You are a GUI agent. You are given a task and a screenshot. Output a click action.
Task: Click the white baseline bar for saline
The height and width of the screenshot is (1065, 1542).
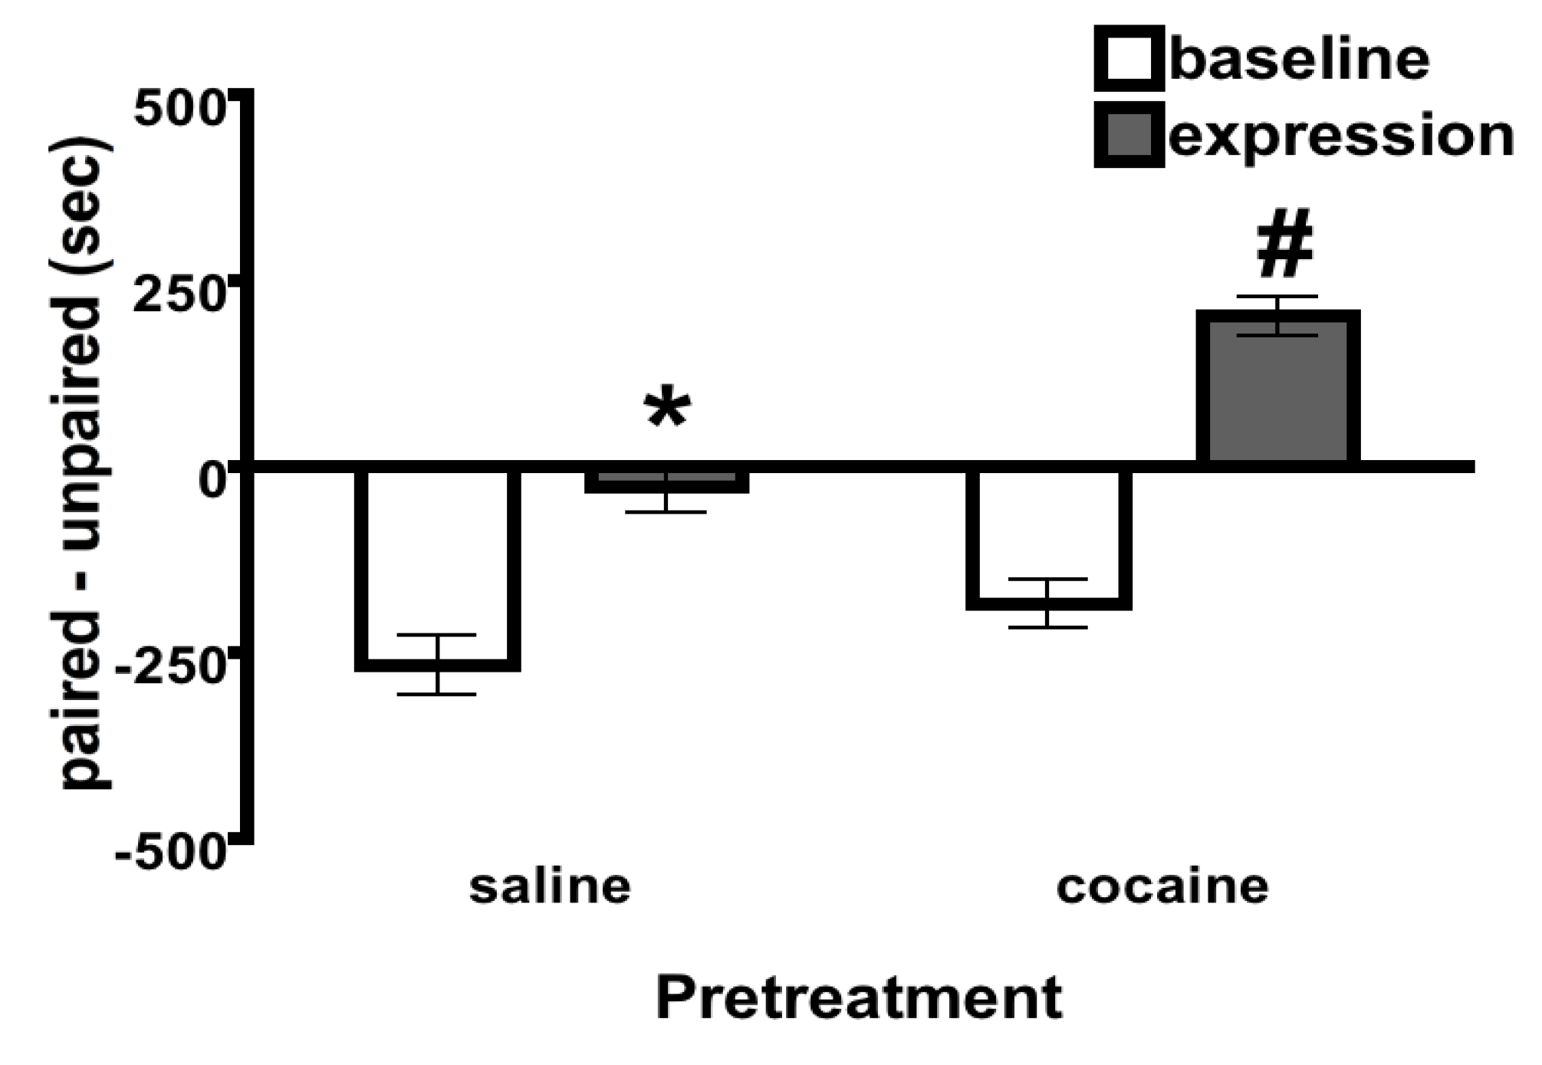(438, 567)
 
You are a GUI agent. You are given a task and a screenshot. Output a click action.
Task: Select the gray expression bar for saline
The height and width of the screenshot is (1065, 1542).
(666, 480)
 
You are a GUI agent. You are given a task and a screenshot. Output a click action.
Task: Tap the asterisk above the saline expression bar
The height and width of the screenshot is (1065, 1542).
(667, 409)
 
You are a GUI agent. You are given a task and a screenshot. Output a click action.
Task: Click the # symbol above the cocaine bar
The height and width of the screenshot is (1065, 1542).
(1285, 243)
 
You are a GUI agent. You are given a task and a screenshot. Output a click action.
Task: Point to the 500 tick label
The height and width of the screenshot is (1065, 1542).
(178, 108)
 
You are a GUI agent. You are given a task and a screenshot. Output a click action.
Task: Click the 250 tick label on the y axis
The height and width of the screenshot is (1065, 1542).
(178, 295)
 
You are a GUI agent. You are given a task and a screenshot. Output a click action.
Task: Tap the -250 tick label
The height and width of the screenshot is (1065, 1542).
(170, 667)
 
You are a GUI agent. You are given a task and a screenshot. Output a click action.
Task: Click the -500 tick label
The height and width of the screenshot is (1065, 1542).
(170, 853)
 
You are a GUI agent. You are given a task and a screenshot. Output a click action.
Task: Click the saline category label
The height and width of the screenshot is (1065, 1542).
(550, 886)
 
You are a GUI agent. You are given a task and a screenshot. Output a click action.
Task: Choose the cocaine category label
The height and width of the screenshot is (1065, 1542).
(1162, 886)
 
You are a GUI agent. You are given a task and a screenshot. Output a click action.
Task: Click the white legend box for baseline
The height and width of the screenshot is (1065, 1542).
(1128, 58)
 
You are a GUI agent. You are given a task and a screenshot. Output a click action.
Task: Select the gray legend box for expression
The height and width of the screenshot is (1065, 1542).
(1128, 135)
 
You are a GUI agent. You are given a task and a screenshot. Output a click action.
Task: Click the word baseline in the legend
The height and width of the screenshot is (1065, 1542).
(1299, 59)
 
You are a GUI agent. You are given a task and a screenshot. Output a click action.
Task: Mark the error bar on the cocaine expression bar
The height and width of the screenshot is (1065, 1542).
(1278, 315)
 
